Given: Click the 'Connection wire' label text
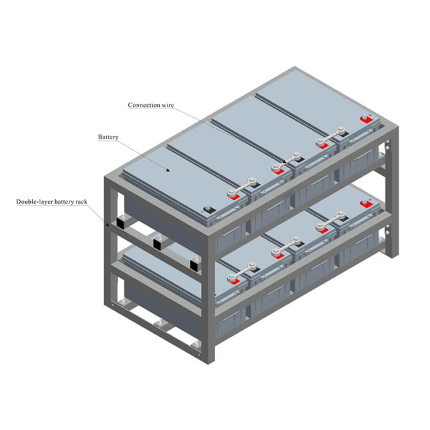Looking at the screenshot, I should [150, 105].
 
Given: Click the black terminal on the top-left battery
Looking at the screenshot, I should [207, 209].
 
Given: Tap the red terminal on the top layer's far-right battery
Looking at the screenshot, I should [366, 119].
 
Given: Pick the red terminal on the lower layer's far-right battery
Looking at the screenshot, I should [366, 204].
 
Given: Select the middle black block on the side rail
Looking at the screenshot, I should [157, 243].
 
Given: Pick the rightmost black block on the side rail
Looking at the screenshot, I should [193, 264].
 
